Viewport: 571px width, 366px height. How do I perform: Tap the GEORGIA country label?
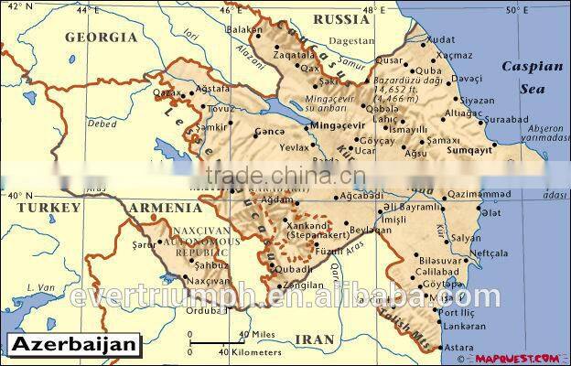point(102,38)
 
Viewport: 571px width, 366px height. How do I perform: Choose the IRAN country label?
point(315,339)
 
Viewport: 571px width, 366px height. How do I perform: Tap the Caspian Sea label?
point(523,78)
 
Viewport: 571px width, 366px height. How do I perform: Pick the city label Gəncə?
point(269,131)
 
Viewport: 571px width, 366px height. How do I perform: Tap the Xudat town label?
point(440,40)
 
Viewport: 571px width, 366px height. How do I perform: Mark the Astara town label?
point(458,348)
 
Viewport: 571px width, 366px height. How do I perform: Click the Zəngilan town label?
point(305,285)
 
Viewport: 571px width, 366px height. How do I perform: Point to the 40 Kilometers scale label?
point(250,351)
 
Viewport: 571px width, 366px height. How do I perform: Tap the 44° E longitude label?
point(87,10)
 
